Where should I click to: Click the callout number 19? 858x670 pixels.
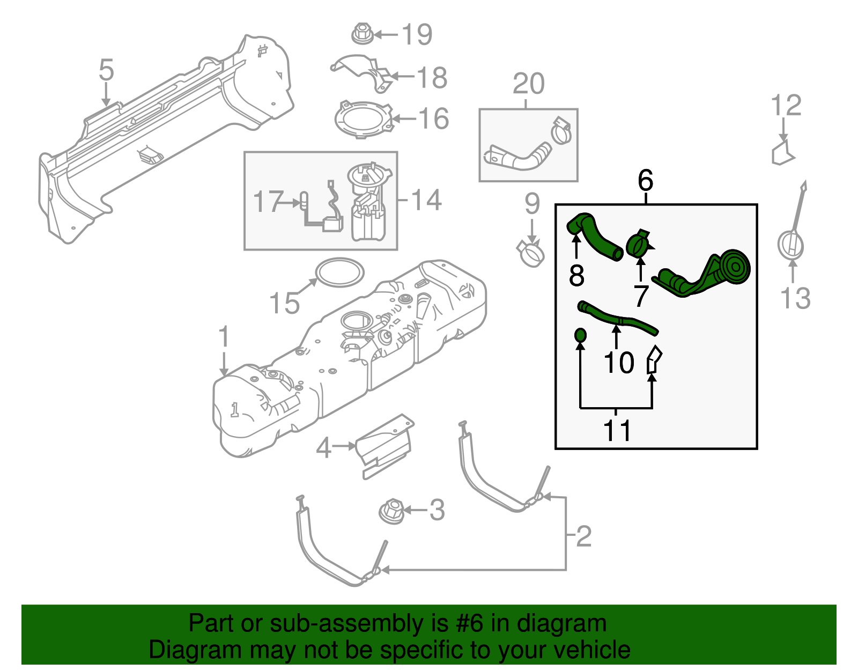click(x=417, y=35)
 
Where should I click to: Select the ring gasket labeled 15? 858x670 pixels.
click(x=339, y=272)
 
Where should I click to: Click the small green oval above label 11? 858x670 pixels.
click(x=580, y=336)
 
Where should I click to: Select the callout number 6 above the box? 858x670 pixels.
click(x=646, y=181)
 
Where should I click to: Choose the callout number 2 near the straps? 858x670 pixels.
click(x=583, y=536)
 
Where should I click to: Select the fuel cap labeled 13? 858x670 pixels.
click(x=791, y=245)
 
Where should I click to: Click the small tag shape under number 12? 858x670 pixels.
click(x=782, y=153)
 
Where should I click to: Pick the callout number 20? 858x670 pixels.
click(x=529, y=84)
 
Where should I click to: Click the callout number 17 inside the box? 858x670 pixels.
click(x=268, y=202)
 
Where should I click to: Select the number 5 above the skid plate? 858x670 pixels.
click(x=107, y=71)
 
